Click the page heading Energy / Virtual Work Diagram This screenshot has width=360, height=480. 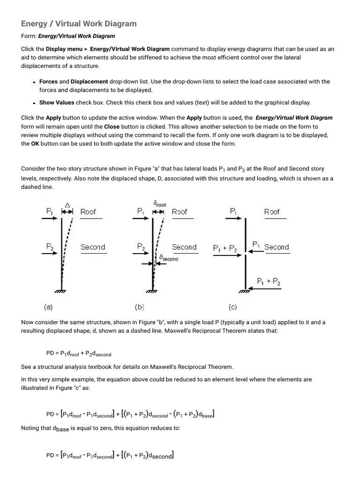coord(79,23)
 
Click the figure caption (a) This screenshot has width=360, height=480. coord(48,307)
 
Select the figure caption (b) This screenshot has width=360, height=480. coord(140,307)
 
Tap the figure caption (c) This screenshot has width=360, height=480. coord(233,307)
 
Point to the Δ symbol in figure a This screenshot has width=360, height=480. coord(67,205)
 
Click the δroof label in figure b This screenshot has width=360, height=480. coord(159,204)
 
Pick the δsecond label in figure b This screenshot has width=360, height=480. coord(169,258)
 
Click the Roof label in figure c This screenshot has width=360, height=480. coord(272,212)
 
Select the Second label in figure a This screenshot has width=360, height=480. coord(93,247)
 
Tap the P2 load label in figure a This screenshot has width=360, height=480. coord(50,246)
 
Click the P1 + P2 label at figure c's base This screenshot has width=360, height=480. coord(269,281)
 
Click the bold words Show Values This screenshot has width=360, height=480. coord(57,103)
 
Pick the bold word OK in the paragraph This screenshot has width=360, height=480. coord(35,143)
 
